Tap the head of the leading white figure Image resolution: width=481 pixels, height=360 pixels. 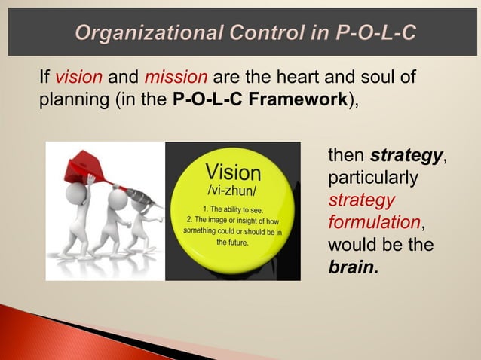click(x=75, y=193)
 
